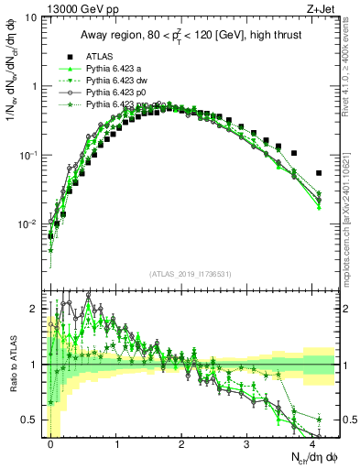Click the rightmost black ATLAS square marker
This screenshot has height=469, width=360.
pos(319,173)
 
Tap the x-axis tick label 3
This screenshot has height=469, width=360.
pos(247,443)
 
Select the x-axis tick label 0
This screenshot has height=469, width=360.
pos(51,443)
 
